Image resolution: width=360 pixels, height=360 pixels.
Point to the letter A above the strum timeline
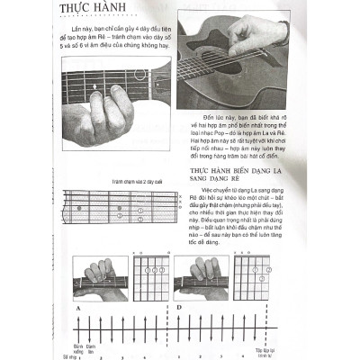point(77,308)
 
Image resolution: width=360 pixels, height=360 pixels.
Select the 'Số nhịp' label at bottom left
point(60,355)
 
